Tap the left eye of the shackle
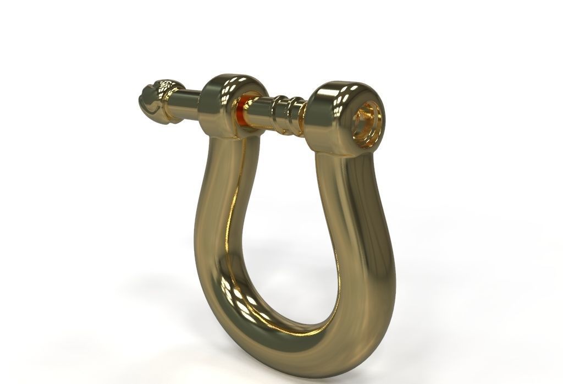pyautogui.click(x=225, y=105)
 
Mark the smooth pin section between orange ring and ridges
pyautogui.click(x=258, y=113)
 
